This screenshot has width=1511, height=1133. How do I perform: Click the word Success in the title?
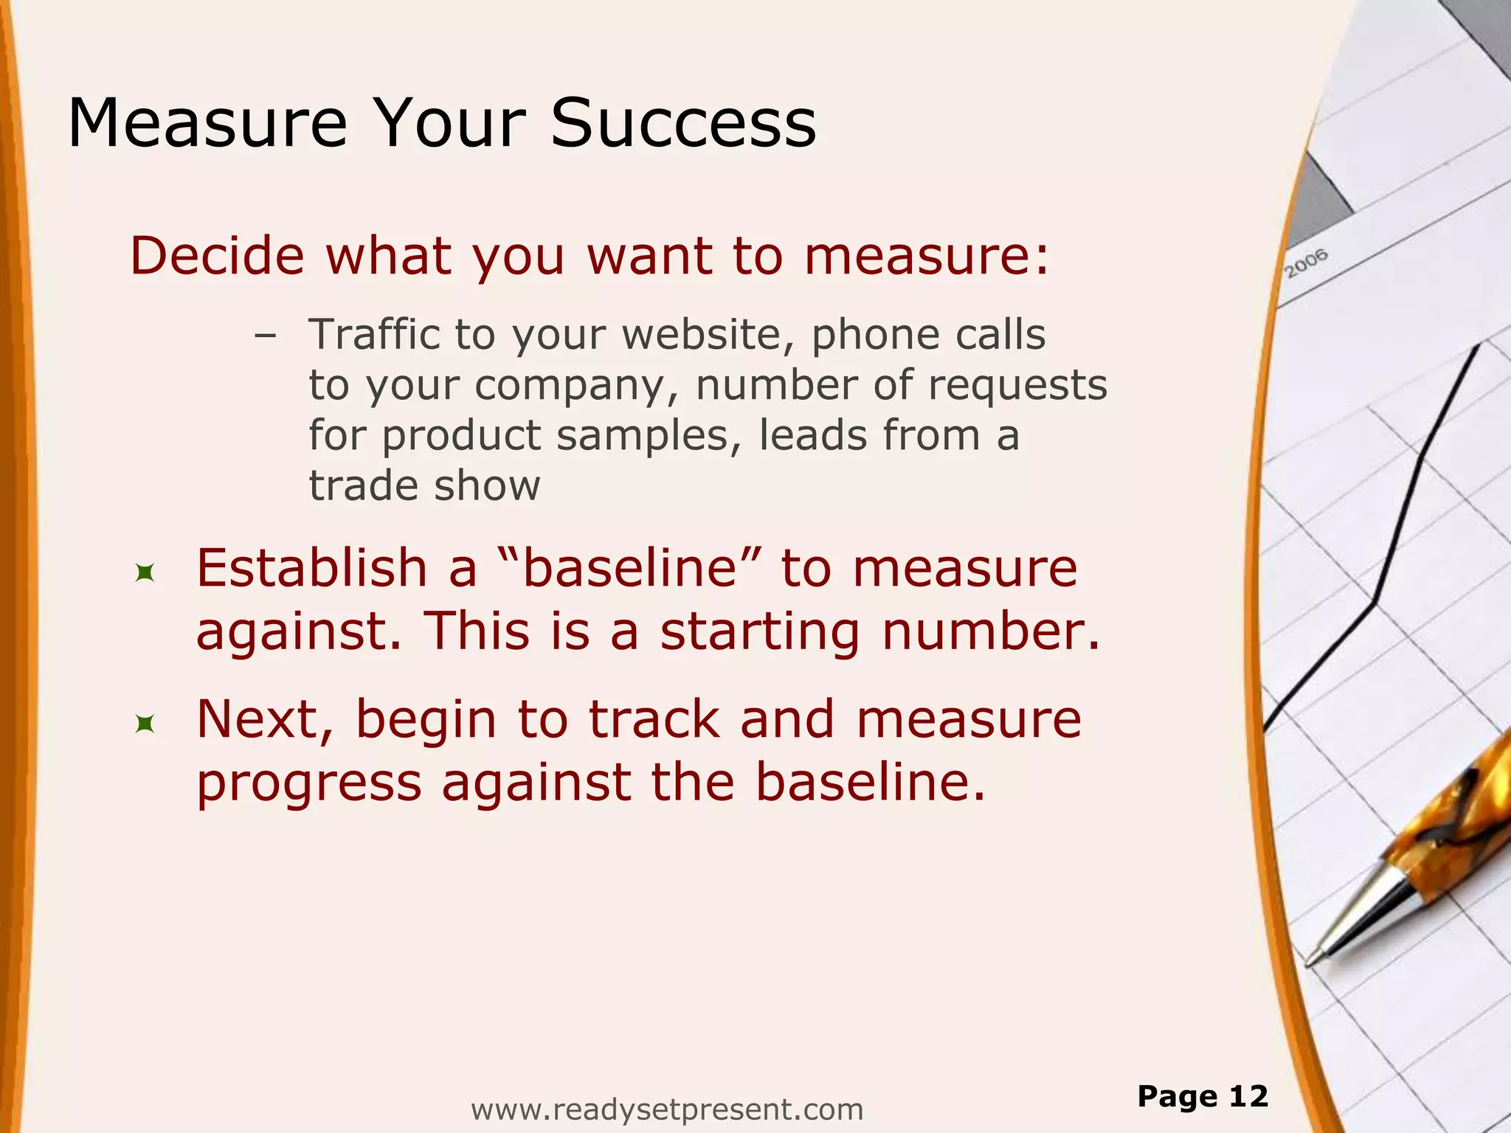tap(683, 123)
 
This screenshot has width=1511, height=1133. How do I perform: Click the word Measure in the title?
tap(207, 123)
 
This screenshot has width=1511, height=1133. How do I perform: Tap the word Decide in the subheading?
tap(217, 256)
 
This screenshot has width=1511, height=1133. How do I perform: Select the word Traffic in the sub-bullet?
tap(373, 334)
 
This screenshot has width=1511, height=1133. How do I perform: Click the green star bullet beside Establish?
tap(145, 572)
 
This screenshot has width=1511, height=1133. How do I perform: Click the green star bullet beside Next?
tap(145, 724)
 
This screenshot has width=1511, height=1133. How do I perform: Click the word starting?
tap(760, 633)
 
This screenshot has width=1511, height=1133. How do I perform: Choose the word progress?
tap(309, 783)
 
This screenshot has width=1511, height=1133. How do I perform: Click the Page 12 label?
tap(1203, 1096)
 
